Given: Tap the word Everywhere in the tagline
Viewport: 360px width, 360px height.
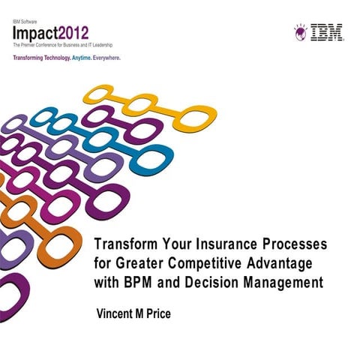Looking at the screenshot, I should click(x=103, y=57).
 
